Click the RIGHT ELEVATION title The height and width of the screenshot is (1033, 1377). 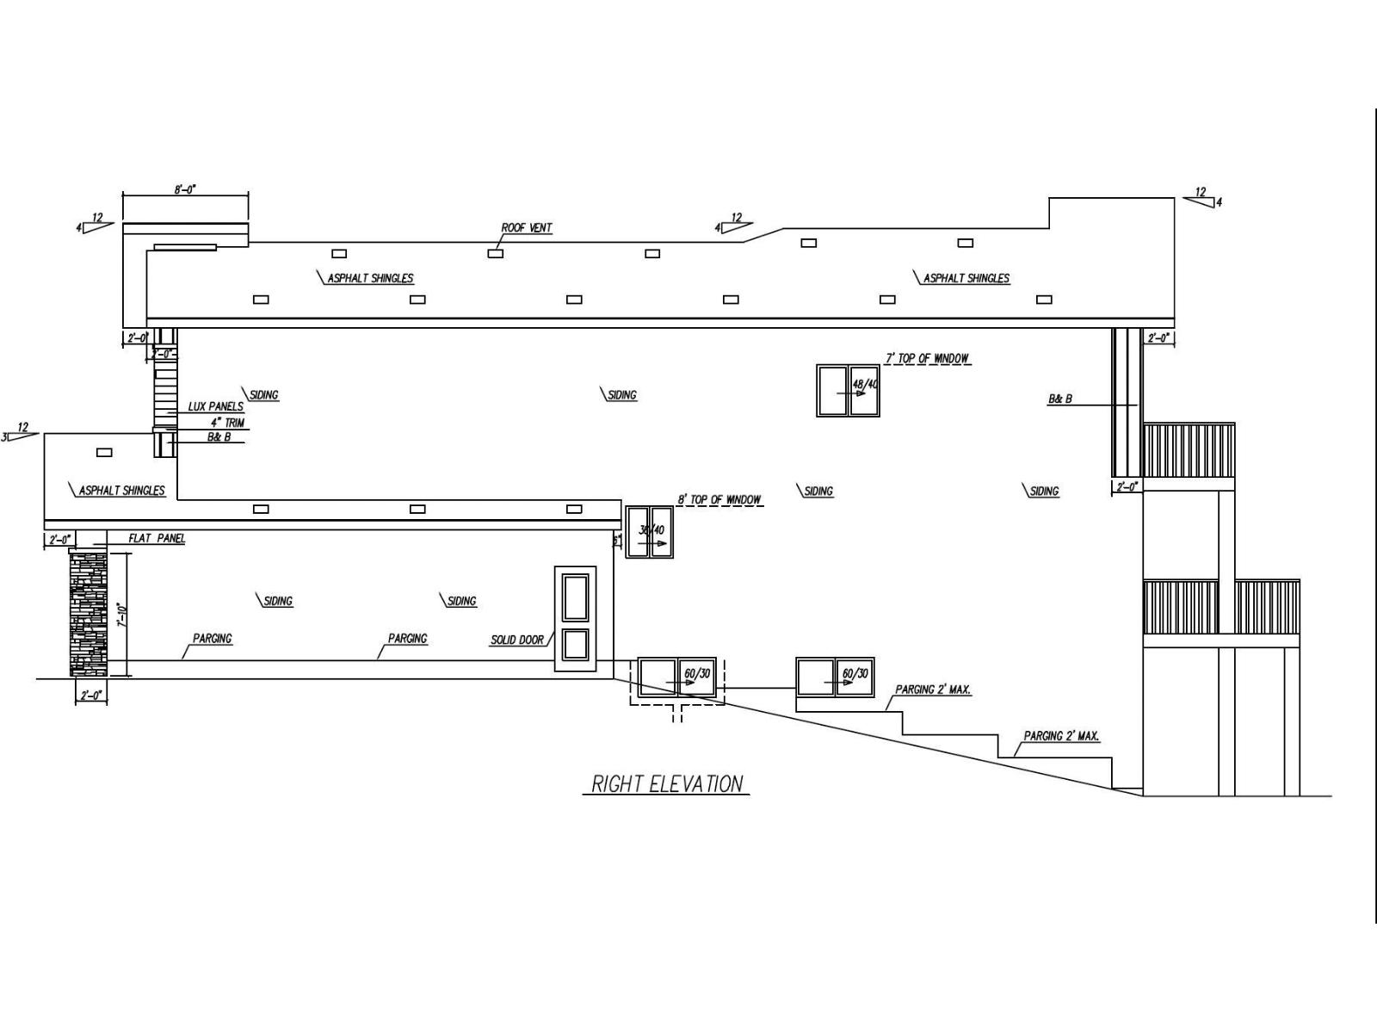point(667,784)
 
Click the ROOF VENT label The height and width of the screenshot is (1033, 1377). point(527,228)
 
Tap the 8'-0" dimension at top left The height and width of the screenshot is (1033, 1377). point(185,189)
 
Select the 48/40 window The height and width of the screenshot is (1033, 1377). point(848,391)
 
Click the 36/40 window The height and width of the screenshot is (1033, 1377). point(649,532)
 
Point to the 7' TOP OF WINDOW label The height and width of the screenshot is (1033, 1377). point(928,358)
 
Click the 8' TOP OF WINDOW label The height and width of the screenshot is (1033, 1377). point(719,499)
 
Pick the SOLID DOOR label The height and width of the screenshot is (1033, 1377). point(517,640)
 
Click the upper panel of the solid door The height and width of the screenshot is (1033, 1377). point(575,597)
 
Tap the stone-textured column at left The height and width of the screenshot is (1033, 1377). point(89,613)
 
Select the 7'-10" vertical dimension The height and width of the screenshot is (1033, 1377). point(123,615)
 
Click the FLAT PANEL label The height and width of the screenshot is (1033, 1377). point(157,539)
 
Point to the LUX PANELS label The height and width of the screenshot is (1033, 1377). point(215,406)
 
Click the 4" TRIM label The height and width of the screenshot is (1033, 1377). point(227,423)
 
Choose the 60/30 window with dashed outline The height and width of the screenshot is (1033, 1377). point(677,677)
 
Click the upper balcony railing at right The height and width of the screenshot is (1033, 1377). point(1189,450)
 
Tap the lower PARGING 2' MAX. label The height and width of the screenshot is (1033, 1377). point(1061,737)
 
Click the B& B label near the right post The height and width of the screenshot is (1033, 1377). point(1059,399)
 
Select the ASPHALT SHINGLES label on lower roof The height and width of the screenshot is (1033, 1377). point(121,491)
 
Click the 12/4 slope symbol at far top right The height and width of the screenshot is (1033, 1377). point(1203,197)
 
